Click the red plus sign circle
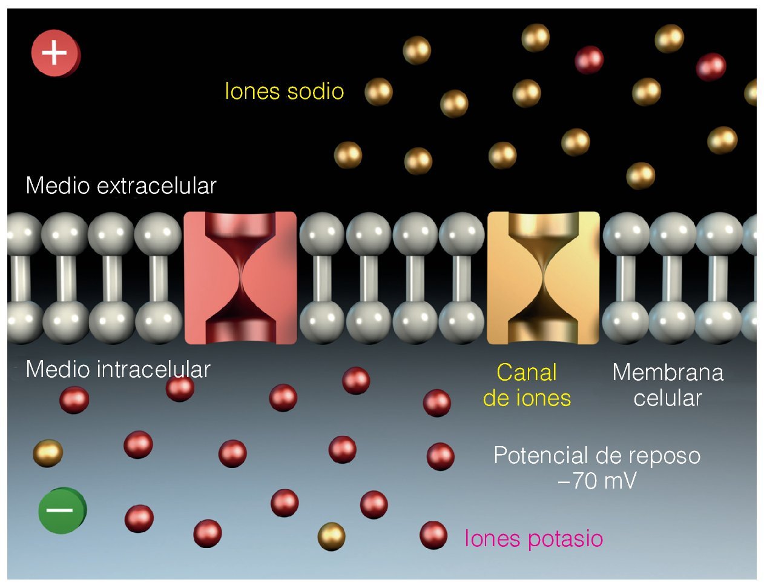coord(55,53)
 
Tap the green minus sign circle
coord(61,510)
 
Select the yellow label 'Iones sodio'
coord(284,92)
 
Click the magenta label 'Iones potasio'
coord(533,538)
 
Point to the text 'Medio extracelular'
coord(121,185)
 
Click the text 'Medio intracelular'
coord(118,369)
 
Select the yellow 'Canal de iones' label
coord(527,385)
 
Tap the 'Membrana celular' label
coord(668,385)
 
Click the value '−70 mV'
coord(596,481)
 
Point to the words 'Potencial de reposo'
coord(597,455)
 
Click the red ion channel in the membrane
coord(240,278)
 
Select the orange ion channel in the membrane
coord(543,278)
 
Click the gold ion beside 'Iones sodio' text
coord(378,92)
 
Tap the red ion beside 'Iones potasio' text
coord(433,535)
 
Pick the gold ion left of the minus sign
coord(47,453)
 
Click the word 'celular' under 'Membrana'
coord(668,398)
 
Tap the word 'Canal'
coord(527,372)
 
